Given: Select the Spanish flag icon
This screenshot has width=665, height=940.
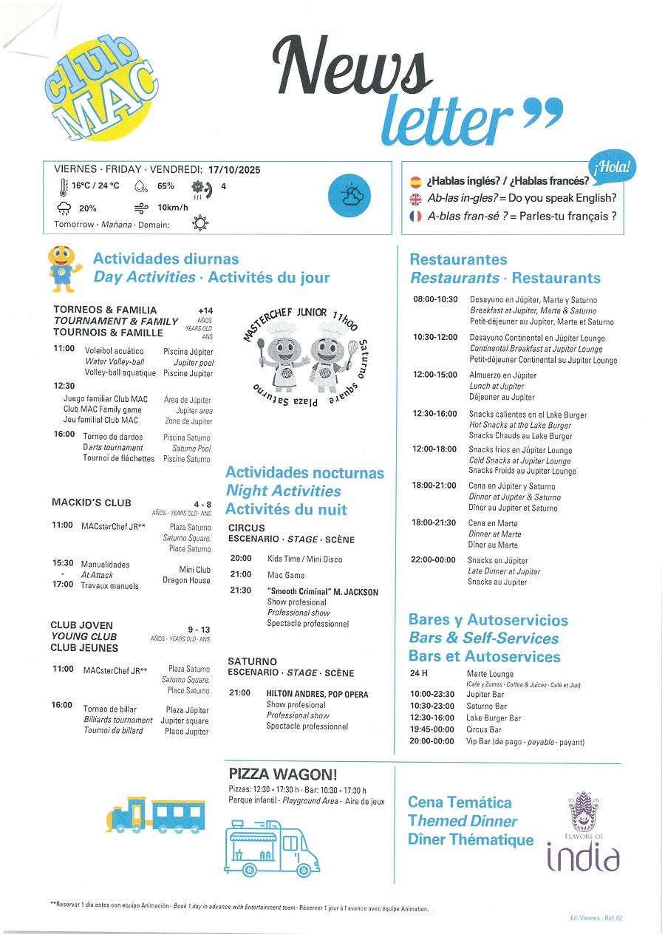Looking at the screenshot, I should pos(415,181).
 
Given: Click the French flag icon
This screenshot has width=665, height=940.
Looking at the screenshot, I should pos(415,217).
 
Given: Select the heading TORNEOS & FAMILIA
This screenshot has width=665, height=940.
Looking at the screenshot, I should pos(105,310).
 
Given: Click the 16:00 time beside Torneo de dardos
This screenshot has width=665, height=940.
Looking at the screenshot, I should pos(64,435).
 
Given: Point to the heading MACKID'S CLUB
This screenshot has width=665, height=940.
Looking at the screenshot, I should pos(92,503).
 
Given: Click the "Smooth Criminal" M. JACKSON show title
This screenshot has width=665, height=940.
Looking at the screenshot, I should pos(323,592).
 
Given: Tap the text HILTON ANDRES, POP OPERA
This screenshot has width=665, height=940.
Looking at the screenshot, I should pos(317,694).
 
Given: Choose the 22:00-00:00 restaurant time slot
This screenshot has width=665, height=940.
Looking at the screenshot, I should pos(433,560).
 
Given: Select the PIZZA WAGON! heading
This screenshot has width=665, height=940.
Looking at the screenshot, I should pos(283,774).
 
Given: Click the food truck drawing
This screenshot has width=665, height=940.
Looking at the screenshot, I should pos(272,845).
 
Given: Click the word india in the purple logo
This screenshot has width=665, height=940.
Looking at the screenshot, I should pos(583,857).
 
